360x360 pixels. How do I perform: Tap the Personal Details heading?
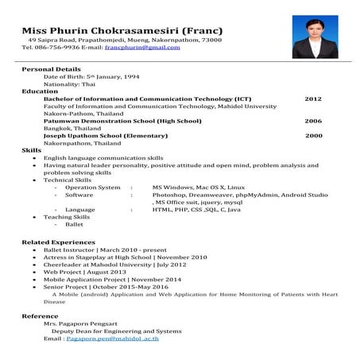(x=51, y=69)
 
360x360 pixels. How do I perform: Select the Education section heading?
(x=40, y=91)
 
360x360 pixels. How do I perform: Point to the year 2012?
(x=313, y=99)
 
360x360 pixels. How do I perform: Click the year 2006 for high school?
(x=313, y=121)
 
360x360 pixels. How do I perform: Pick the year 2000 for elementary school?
(x=313, y=135)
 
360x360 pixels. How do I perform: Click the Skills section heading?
(x=32, y=150)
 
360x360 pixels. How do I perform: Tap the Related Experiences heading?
(x=58, y=242)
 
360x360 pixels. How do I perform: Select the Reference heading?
(x=40, y=316)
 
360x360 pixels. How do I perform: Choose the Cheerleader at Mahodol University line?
(x=104, y=265)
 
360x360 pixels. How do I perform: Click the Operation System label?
(x=93, y=187)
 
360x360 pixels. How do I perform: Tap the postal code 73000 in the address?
(x=210, y=40)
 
